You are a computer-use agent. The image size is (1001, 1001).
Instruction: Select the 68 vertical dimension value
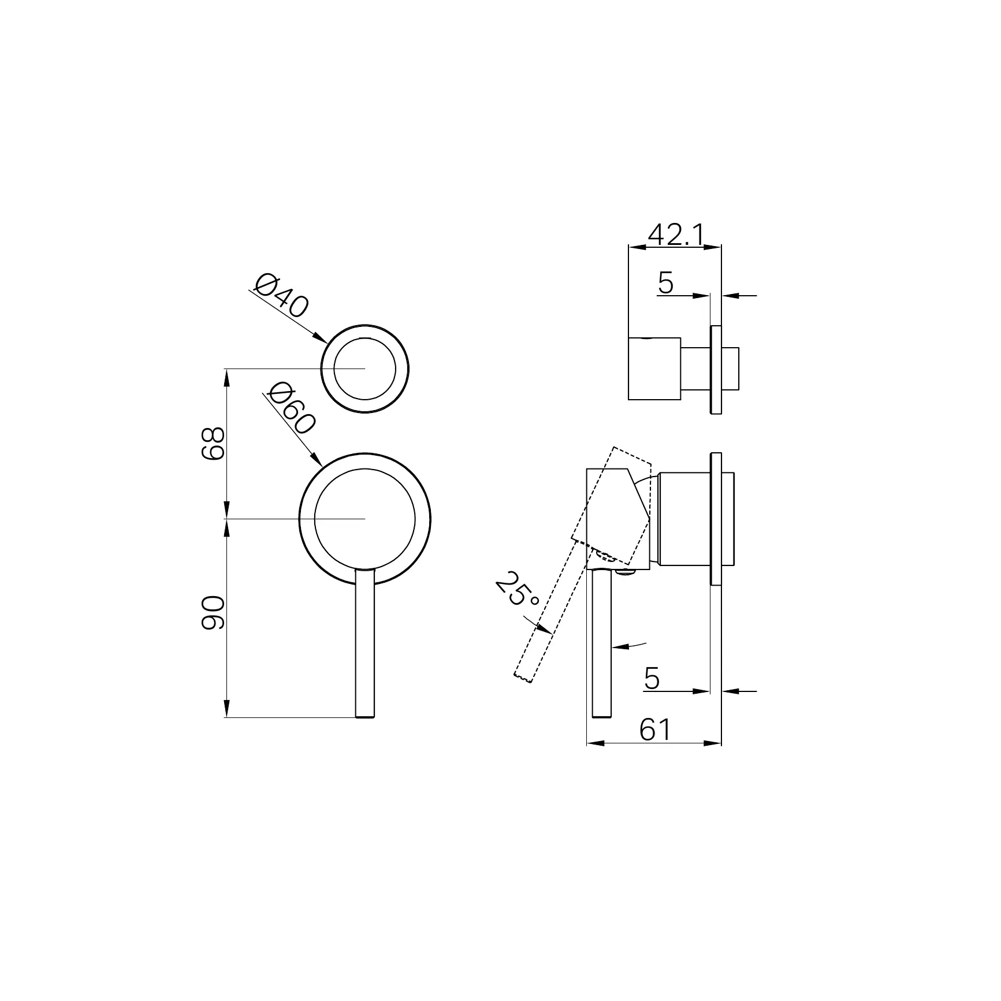tap(212, 443)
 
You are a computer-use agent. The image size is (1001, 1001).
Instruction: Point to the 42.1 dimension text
tap(676, 235)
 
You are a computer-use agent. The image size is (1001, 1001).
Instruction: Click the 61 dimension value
tap(655, 730)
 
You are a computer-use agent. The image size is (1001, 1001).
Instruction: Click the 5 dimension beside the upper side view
tap(665, 282)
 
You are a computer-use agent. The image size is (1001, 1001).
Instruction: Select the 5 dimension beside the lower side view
tap(652, 678)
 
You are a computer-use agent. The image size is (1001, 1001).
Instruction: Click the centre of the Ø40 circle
tap(365, 368)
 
